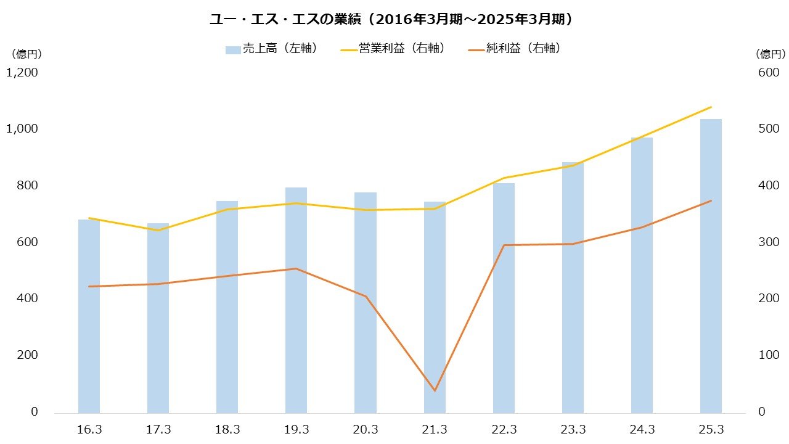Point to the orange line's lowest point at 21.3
tap(435, 390)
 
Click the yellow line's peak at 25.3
tap(711, 107)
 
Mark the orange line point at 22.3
tap(504, 245)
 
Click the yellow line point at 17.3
tap(158, 231)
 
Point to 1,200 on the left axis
tap(22, 73)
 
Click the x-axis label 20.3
tap(366, 429)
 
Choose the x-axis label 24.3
tap(642, 429)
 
